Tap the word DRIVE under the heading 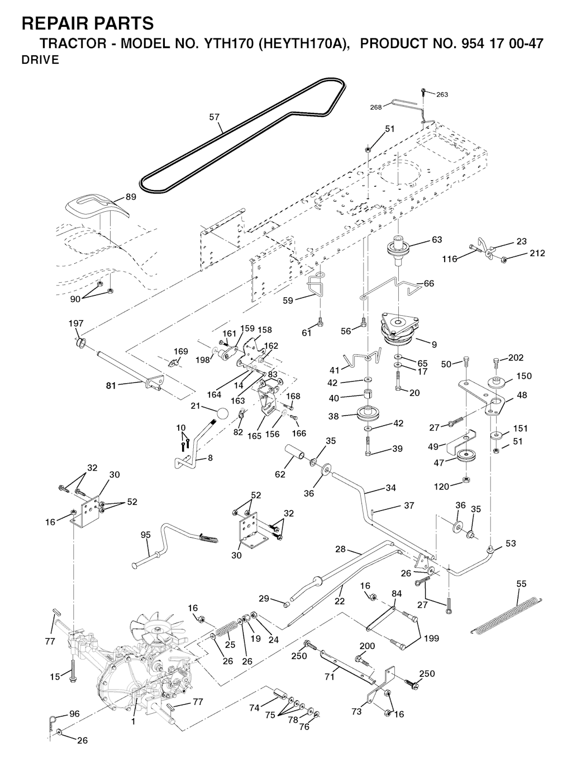tap(40, 61)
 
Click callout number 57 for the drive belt tap(214, 117)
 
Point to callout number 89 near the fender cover tap(131, 196)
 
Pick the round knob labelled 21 tap(222, 414)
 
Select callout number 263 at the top tap(442, 94)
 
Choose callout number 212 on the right tap(537, 253)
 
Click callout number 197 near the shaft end tap(76, 324)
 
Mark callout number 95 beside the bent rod tap(146, 535)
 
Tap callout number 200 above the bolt tap(367, 646)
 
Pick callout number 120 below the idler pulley tap(442, 487)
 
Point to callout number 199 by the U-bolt tap(431, 638)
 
